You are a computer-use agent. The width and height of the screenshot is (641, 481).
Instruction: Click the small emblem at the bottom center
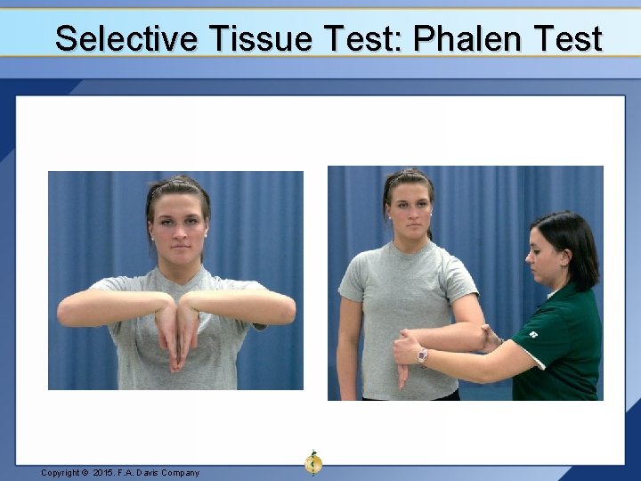click(312, 461)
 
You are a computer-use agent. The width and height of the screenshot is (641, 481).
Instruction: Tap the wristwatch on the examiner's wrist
click(422, 356)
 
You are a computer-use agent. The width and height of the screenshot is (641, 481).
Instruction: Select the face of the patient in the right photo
click(408, 206)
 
